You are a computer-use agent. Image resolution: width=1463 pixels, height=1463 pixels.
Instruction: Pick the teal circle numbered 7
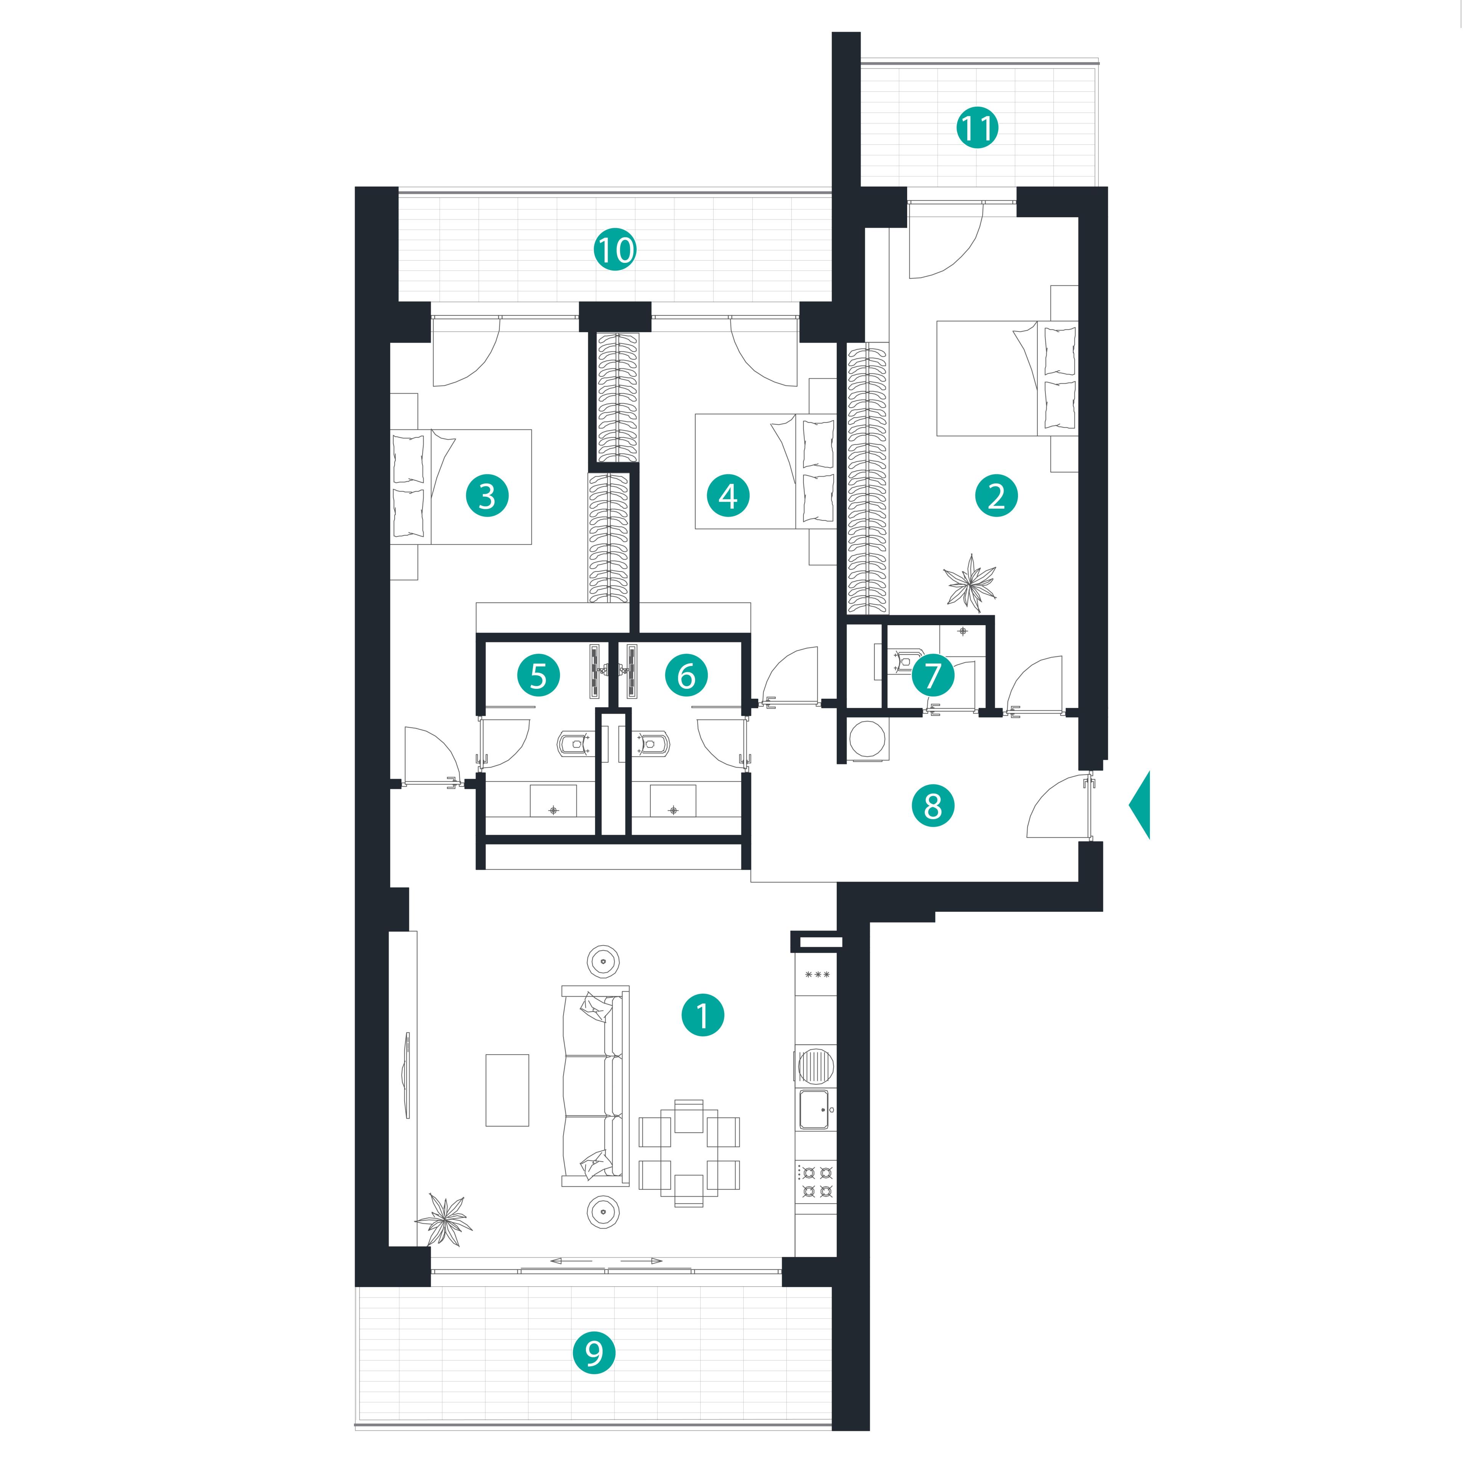[x=933, y=675]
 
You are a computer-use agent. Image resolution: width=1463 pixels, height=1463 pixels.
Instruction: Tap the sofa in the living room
[x=595, y=1085]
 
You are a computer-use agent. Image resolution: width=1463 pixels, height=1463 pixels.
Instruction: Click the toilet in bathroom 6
[x=651, y=744]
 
